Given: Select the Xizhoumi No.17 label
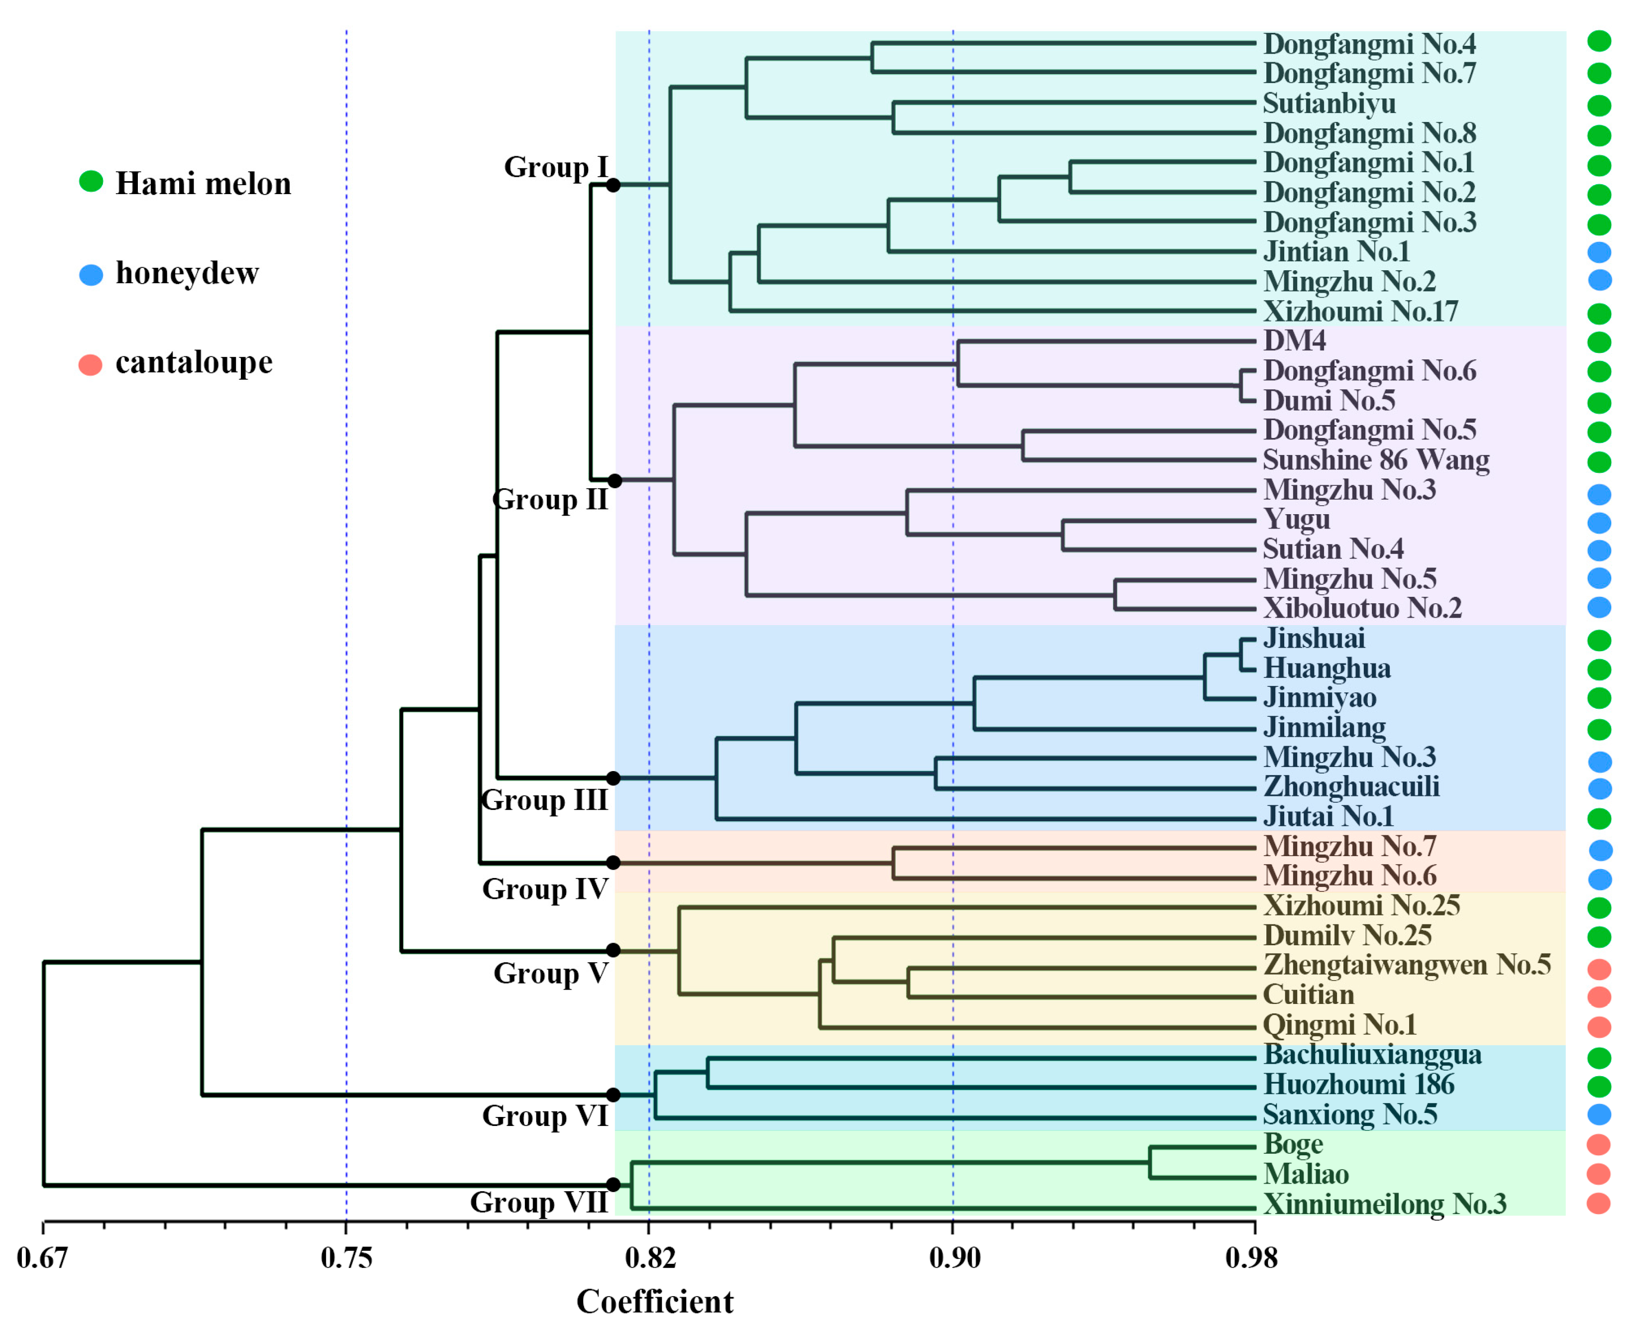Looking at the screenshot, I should tap(1360, 312).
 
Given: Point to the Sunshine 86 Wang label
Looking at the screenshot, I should tap(1376, 460).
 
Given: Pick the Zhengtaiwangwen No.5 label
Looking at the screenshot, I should tap(1406, 965).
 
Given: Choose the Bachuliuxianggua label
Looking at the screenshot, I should tap(1372, 1055).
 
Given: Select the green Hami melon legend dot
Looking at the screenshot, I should tap(91, 182).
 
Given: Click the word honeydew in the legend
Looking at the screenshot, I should tap(187, 273).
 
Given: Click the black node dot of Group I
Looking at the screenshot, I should tap(613, 185).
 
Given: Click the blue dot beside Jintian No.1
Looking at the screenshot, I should tap(1599, 252).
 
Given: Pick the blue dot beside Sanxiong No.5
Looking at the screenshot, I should tap(1599, 1114).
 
